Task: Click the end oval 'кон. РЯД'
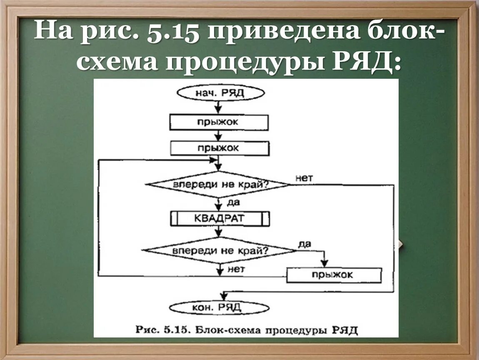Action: pos(218,308)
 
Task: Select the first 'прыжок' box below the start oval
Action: pos(219,122)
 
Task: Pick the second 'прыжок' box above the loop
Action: pos(219,148)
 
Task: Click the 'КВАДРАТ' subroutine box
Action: pos(219,218)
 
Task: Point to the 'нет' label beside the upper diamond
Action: pos(304,178)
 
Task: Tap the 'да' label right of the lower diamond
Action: pos(305,244)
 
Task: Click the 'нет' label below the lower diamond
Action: pos(236,269)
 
